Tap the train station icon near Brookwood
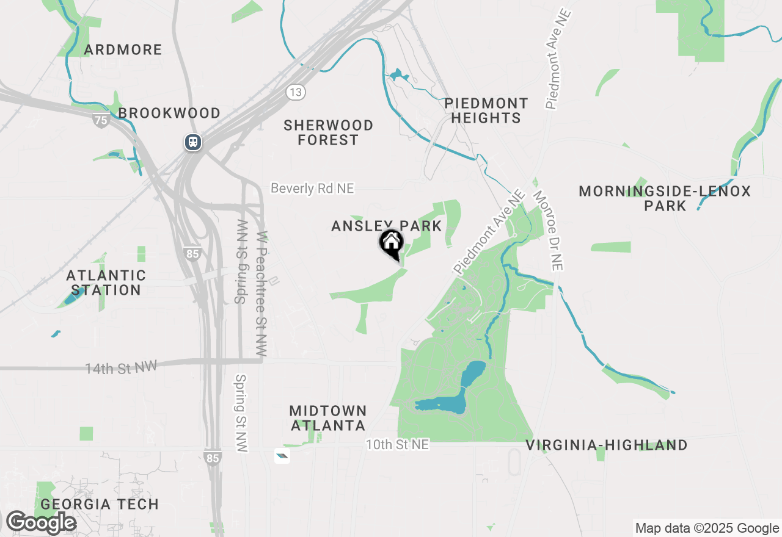pos(193,142)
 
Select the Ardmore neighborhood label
pos(123,49)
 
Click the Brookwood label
pos(169,113)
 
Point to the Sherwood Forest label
pos(328,132)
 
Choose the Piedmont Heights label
pos(486,110)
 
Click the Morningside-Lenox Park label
pos(665,198)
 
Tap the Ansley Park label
pos(386,226)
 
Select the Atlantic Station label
pos(106,283)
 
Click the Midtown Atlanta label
pos(328,418)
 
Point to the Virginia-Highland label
pos(607,445)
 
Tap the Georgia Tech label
pos(100,505)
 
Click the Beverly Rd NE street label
pos(312,189)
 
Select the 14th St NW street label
pos(121,368)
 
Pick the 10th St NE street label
pos(397,445)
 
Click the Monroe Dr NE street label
pos(548,231)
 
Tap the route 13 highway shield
pos(296,92)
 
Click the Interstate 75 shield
pos(101,120)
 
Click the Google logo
pos(41,523)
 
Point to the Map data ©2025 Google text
pos(707,528)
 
